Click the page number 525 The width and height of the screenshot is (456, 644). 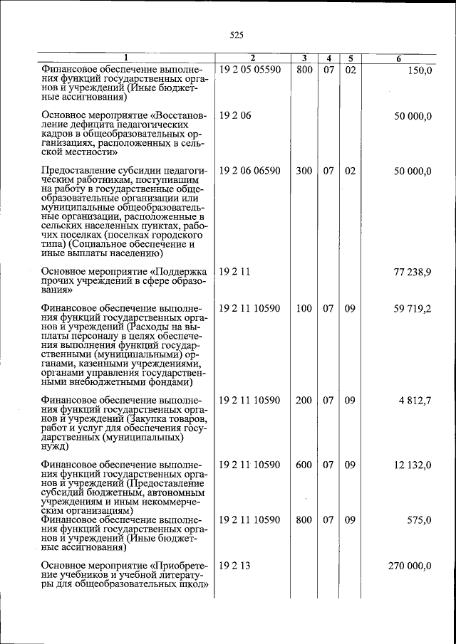(x=237, y=34)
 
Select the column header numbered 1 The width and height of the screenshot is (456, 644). (x=125, y=58)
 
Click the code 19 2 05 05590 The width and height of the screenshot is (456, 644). (x=250, y=70)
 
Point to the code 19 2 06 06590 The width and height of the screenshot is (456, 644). (x=250, y=171)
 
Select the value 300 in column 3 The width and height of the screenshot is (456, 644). (x=304, y=171)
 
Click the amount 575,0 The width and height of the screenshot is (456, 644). (x=418, y=519)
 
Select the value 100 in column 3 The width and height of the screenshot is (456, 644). (x=304, y=309)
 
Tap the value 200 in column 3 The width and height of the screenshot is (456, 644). (x=304, y=400)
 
